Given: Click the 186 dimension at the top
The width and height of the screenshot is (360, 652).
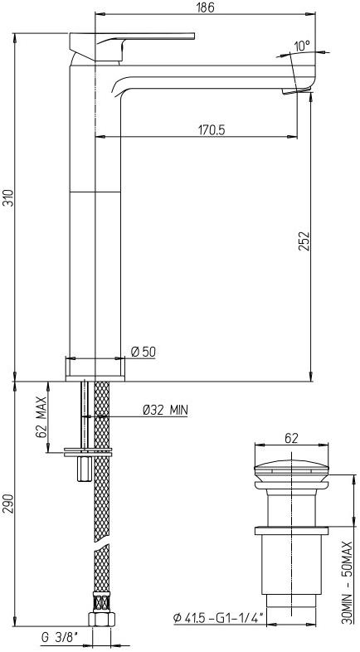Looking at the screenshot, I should pos(206,7).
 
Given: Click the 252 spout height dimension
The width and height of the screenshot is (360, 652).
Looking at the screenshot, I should pos(304,241).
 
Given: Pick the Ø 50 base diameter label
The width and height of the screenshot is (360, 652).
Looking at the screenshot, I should pos(144,352).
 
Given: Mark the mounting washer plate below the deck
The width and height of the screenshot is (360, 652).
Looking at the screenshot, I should pos(88,452).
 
